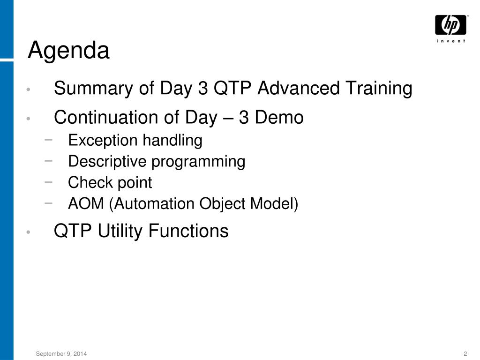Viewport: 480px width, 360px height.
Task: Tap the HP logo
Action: click(450, 25)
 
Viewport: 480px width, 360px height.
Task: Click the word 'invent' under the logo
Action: click(451, 41)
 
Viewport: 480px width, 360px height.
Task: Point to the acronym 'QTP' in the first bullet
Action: click(232, 88)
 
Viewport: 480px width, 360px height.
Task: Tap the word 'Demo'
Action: click(279, 117)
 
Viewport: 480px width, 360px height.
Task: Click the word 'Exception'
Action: click(103, 141)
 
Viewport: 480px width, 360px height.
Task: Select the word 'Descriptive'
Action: click(107, 162)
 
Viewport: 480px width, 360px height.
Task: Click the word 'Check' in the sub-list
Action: click(90, 182)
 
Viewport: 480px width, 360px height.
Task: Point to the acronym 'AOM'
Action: click(86, 203)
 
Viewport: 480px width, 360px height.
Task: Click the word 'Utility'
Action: click(120, 231)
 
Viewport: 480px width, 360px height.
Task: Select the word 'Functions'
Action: click(188, 231)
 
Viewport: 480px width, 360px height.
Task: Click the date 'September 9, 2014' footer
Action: click(61, 354)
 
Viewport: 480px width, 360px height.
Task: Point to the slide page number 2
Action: click(465, 353)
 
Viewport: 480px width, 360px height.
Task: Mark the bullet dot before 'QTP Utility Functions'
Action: click(29, 232)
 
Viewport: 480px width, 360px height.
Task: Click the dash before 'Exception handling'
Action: click(48, 140)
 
